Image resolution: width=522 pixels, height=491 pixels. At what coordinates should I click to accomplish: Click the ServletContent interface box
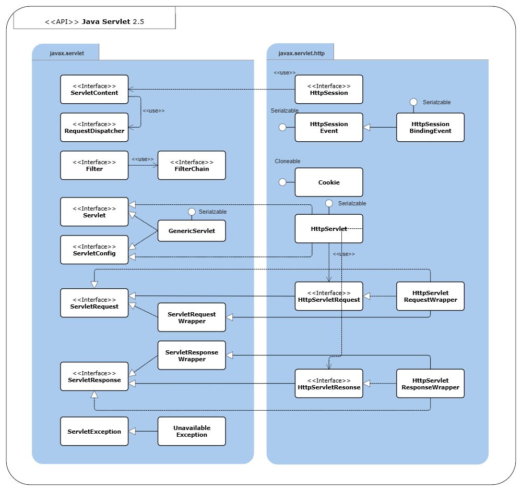coord(94,89)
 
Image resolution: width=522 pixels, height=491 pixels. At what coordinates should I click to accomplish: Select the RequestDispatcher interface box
coord(94,127)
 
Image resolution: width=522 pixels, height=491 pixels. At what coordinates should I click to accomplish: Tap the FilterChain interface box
coord(192,165)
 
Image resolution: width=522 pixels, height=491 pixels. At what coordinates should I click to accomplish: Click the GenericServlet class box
coord(192,231)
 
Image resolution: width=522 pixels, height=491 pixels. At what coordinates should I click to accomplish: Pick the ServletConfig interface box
coord(94,250)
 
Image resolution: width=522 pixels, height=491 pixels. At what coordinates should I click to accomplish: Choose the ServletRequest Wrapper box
coord(192,317)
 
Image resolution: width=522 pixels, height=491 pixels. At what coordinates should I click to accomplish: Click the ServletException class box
coord(94,431)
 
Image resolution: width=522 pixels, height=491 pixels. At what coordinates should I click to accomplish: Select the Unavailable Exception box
coord(192,431)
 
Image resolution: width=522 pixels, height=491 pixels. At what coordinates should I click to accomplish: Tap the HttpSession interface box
coord(329,89)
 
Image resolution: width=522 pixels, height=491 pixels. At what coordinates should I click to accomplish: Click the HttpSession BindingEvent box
coord(430,127)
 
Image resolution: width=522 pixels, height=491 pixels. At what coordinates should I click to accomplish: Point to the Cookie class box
coord(329,182)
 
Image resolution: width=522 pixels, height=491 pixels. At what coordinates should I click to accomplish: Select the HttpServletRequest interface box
coord(329,296)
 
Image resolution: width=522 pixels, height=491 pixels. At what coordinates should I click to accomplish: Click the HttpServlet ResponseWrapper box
coord(430,384)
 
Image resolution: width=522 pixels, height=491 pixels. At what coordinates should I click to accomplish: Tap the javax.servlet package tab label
coord(67,53)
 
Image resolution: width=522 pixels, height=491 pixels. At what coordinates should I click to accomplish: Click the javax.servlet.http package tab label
coord(301,53)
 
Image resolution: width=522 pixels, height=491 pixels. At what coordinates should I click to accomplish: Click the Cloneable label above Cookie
coord(288,162)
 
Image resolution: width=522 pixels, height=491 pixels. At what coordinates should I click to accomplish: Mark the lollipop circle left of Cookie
coord(282,182)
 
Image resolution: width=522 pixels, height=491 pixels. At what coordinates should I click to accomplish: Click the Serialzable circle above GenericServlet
coord(192,212)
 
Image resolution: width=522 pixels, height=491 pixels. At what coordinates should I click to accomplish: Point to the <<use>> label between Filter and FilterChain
coord(143,159)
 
